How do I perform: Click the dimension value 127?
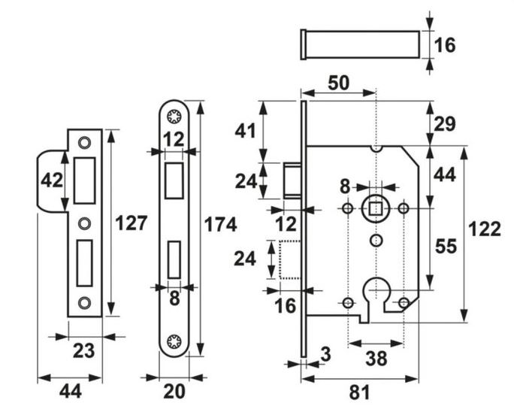129,223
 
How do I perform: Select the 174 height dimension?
221,224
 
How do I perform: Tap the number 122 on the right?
485,229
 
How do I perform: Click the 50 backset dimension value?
339,83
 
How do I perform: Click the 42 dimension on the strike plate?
51,181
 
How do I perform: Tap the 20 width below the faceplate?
174,391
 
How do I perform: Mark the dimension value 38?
376,359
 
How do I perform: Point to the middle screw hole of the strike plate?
84,222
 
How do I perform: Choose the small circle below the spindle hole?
376,240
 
